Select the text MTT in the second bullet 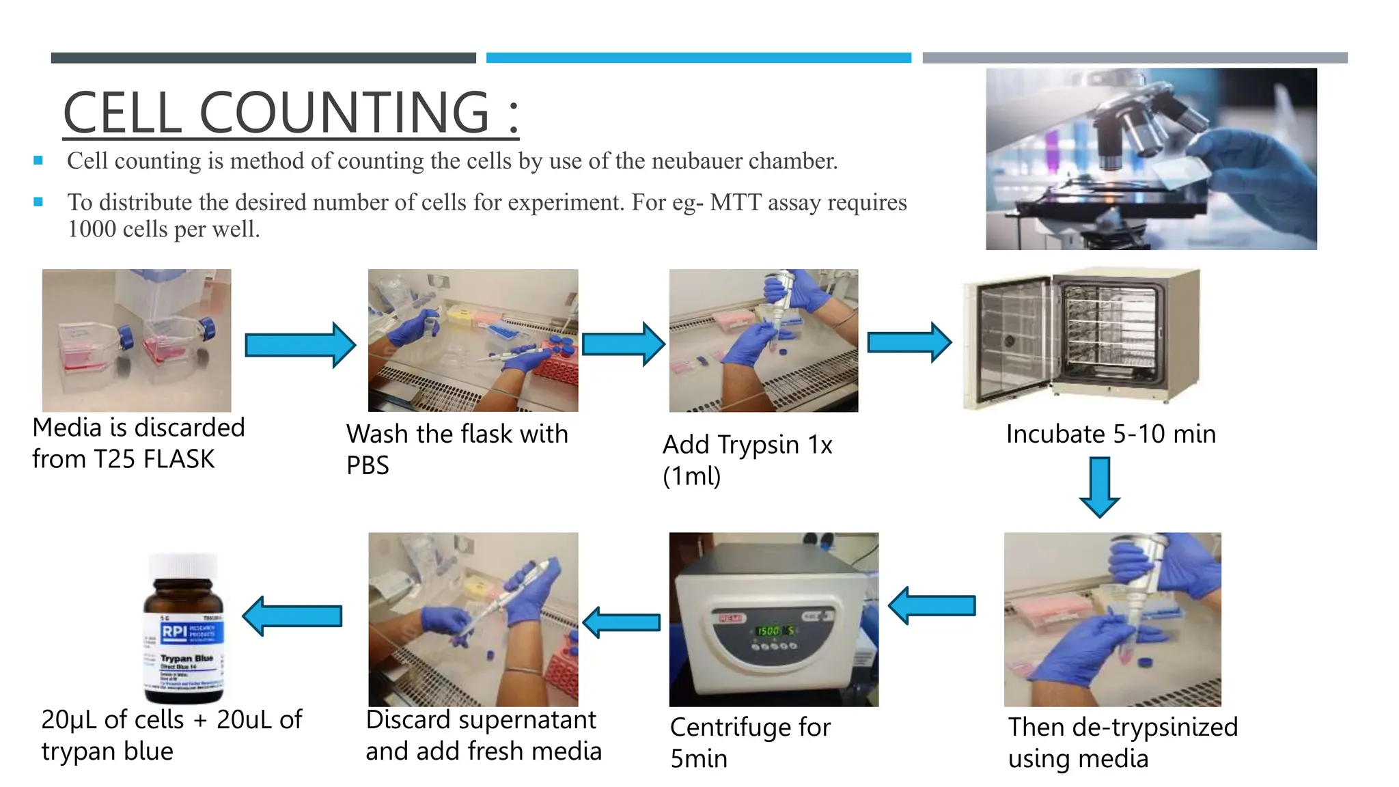pos(735,203)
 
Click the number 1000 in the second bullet pos(92,230)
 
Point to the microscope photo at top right pos(1150,158)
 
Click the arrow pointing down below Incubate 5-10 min pos(1099,488)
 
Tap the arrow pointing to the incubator pos(909,342)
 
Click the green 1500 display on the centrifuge pos(768,631)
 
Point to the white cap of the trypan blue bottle pos(183,566)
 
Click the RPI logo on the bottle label pos(174,631)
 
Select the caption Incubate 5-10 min pos(1111,434)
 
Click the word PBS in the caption pos(368,466)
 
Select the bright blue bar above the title pos(698,58)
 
